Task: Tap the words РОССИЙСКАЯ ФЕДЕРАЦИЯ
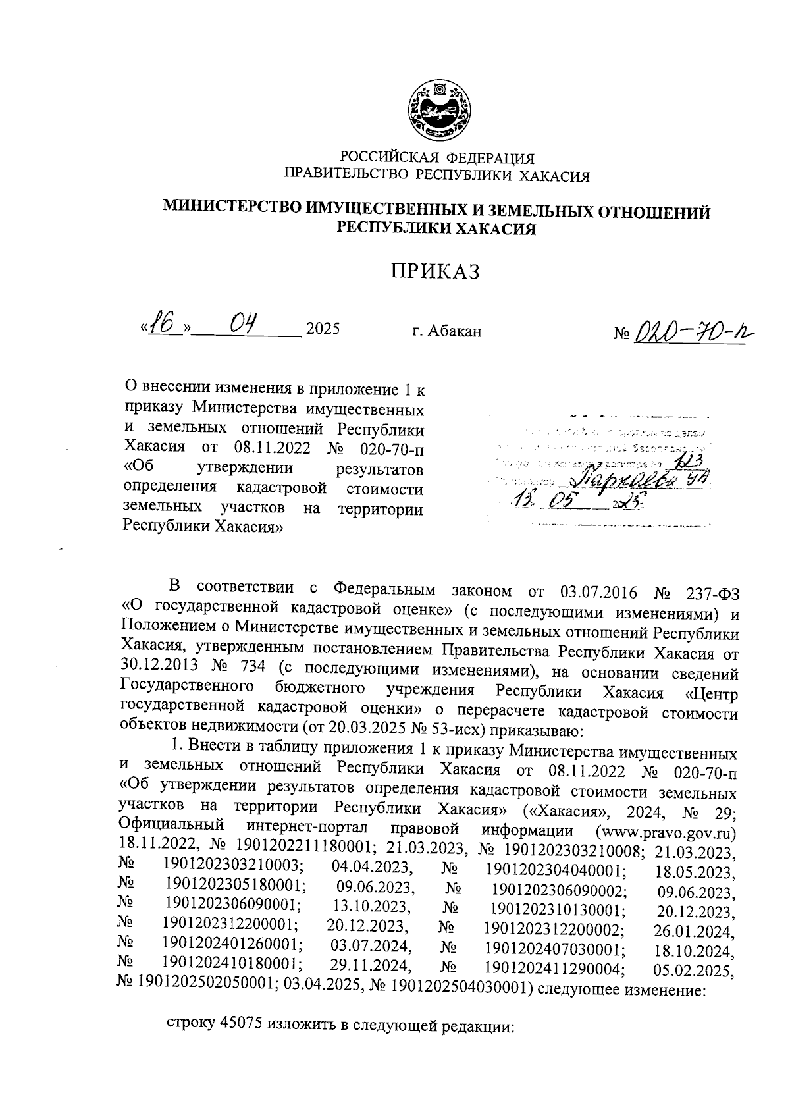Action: (436, 158)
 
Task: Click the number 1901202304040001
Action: (555, 871)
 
